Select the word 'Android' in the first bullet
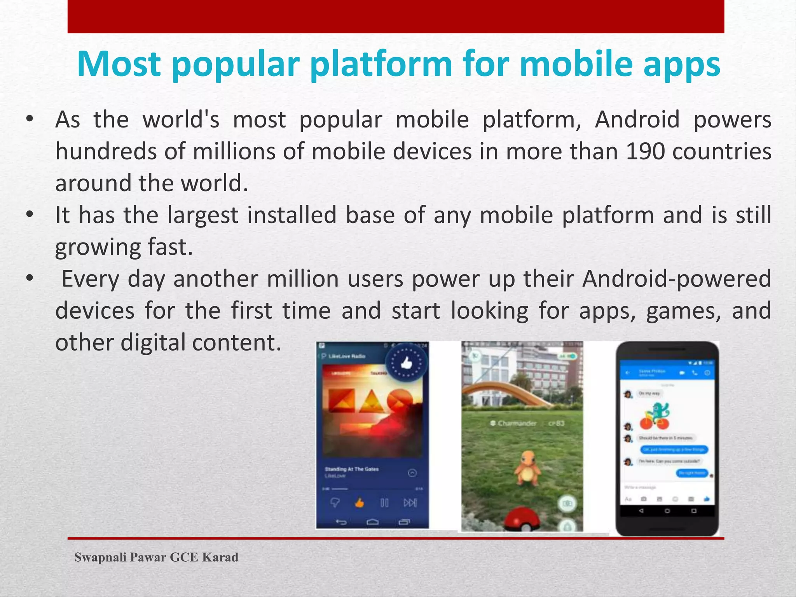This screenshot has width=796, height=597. click(637, 119)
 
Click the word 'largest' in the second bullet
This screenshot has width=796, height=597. click(202, 215)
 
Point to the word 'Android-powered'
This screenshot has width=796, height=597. click(676, 279)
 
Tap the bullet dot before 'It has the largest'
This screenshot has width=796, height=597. click(30, 215)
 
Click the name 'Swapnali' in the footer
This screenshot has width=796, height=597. click(100, 557)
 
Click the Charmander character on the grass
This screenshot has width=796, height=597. click(527, 468)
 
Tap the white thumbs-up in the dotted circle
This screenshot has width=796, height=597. click(406, 363)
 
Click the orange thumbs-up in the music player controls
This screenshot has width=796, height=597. click(359, 503)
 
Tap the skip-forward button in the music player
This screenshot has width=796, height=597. click(410, 503)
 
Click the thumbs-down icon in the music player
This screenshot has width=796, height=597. click(335, 503)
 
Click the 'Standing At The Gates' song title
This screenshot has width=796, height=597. click(351, 469)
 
